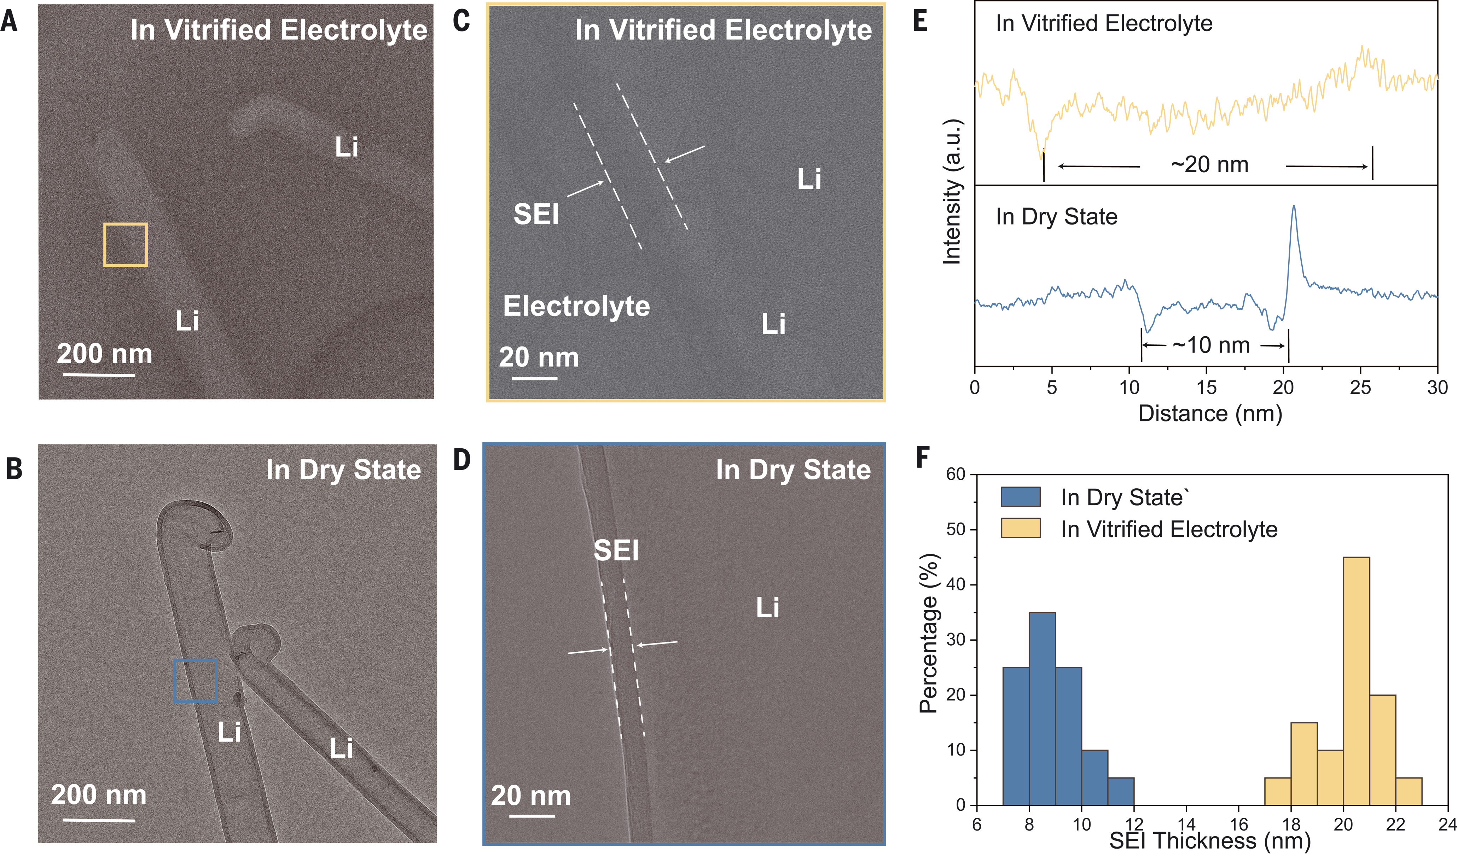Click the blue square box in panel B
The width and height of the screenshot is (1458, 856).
tap(196, 681)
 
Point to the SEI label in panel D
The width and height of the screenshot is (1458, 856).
tap(616, 550)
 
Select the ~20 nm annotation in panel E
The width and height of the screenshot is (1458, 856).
tap(1209, 165)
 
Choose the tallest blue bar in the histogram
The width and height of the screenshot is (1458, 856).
tap(1042, 709)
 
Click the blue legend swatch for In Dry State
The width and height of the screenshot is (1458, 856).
tap(1021, 497)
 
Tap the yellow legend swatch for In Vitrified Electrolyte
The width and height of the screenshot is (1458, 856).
tap(1021, 528)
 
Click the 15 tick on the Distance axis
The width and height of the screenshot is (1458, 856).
tap(1206, 386)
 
